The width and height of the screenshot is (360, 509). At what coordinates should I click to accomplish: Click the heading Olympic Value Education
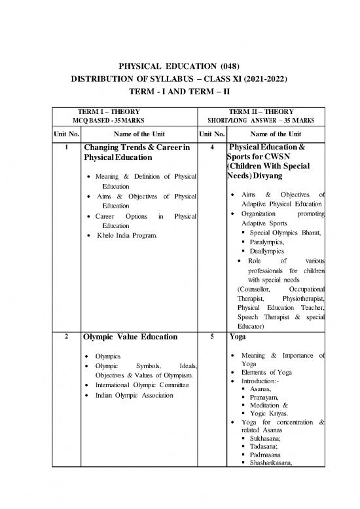tap(130, 337)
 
